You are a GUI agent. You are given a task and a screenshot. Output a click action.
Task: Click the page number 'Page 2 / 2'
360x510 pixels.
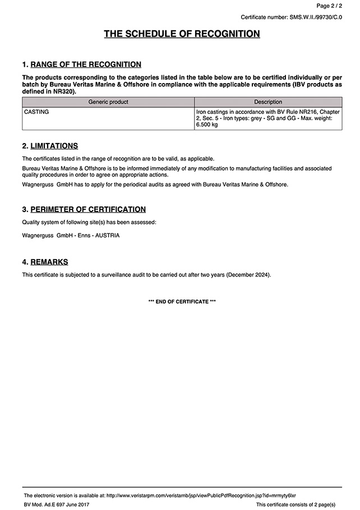329,6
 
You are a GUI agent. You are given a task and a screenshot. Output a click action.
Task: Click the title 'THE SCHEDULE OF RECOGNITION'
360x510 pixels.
182,34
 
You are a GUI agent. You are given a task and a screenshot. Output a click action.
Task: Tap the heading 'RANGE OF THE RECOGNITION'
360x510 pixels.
86,65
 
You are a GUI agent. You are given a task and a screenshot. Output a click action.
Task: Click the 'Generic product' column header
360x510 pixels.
108,102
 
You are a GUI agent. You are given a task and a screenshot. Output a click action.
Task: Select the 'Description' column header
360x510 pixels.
268,102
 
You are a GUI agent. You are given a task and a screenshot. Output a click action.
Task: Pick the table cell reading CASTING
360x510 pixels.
36,112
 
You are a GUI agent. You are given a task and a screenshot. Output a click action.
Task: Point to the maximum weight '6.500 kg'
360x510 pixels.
206,125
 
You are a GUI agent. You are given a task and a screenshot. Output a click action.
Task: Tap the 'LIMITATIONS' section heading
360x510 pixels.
54,146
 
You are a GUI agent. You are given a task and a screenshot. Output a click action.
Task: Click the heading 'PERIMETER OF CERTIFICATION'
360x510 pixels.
88,209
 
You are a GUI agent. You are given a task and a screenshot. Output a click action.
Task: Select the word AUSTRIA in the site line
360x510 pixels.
107,236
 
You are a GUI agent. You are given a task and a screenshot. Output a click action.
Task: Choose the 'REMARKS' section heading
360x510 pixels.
49,262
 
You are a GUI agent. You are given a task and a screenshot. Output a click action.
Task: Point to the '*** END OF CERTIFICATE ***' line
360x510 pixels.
182,302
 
